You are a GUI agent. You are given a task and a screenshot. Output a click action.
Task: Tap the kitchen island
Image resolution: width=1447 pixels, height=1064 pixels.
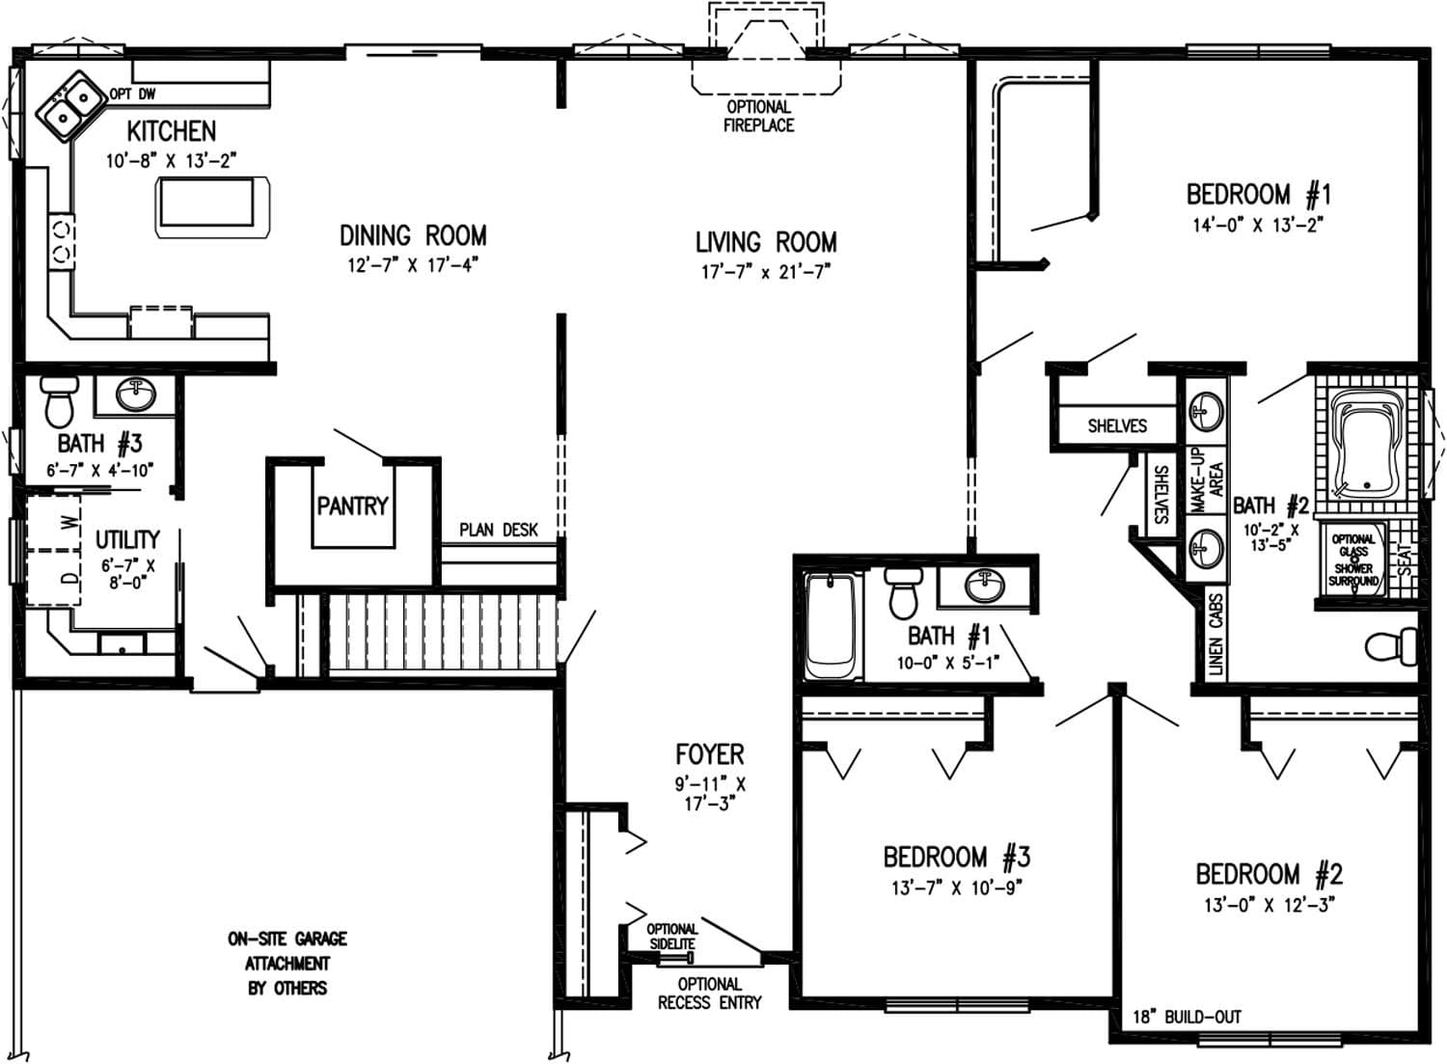pos(211,205)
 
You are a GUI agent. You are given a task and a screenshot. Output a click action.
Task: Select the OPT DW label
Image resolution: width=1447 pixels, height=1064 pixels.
pos(132,95)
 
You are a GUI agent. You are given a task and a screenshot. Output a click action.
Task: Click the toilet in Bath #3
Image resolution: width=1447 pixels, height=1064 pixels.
pos(59,400)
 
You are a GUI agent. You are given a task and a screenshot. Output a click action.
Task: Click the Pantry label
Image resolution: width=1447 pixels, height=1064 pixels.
pos(352,505)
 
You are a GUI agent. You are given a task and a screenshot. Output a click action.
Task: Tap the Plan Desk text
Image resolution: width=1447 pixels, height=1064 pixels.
pos(498,530)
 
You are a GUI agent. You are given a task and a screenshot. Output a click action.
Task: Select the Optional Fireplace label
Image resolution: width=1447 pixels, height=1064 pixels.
pos(759,116)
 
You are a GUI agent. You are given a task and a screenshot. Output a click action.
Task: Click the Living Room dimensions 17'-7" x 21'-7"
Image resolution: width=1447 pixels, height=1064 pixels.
pos(765,272)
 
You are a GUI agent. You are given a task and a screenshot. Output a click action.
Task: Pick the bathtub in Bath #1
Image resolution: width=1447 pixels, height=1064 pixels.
pos(829,626)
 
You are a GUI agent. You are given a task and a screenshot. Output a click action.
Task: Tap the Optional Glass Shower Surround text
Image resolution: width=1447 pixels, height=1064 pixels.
pos(1352,560)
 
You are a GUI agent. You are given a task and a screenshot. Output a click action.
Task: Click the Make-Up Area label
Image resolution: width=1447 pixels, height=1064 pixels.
pos(1205,479)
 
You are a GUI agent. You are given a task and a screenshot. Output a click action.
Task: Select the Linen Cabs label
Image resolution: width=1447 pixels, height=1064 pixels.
pos(1215,633)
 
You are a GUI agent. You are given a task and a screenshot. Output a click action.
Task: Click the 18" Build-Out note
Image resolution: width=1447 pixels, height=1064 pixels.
pos(1187,1017)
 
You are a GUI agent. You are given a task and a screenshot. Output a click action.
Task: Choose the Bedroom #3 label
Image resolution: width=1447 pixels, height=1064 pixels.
pos(956,857)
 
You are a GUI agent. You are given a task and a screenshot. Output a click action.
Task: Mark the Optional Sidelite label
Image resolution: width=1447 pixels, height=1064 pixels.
pos(671,937)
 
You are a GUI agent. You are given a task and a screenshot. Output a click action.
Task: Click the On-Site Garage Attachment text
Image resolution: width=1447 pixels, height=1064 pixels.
pos(287,963)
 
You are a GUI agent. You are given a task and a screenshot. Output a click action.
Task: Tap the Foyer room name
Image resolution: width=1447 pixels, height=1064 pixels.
pos(709,754)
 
